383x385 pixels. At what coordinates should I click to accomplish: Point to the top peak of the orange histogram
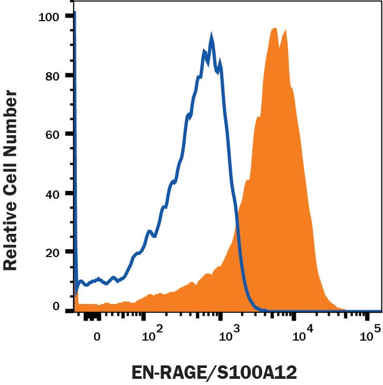coord(274,28)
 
